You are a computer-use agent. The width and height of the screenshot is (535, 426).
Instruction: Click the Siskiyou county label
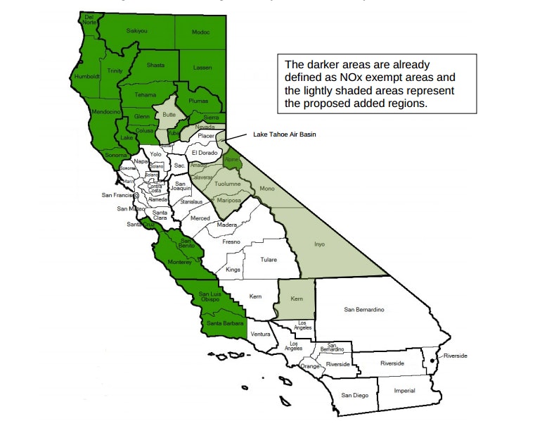tap(137, 31)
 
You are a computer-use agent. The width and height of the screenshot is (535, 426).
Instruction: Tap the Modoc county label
tap(201, 32)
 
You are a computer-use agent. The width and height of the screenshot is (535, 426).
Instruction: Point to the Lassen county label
tap(202, 67)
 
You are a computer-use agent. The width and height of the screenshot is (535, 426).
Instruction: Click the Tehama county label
tap(145, 94)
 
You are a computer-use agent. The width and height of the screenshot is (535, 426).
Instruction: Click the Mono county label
tap(267, 189)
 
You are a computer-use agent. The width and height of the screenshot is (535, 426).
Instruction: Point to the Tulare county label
tap(269, 259)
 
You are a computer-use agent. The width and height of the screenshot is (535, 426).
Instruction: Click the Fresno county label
tap(231, 242)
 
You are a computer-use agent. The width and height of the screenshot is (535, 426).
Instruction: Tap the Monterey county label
tap(179, 262)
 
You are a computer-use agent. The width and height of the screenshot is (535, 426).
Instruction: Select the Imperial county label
tap(404, 391)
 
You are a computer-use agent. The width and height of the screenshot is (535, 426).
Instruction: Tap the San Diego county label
tap(354, 395)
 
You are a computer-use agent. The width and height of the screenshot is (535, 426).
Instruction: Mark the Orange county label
tap(309, 367)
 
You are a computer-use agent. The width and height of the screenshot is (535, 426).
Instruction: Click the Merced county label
tap(200, 218)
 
